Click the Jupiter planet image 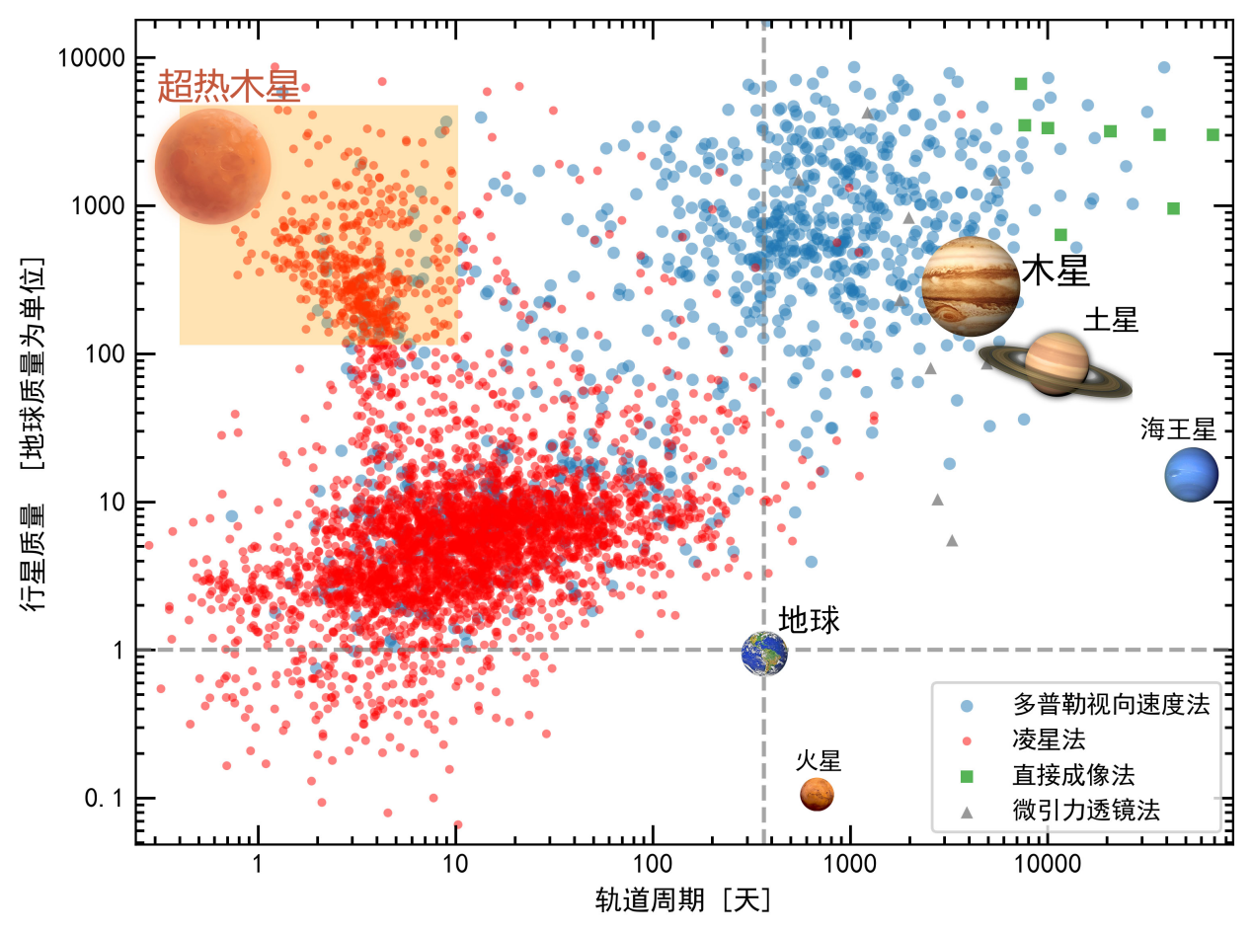tap(971, 286)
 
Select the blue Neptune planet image tap(1191, 474)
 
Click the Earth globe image tap(765, 653)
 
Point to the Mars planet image tap(817, 793)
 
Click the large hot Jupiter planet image tap(212, 166)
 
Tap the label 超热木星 tap(228, 88)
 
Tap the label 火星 tap(819, 760)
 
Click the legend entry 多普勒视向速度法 tap(1110, 704)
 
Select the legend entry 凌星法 tap(1050, 739)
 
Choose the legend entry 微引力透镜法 tap(1085, 811)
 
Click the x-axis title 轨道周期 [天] tap(682, 899)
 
